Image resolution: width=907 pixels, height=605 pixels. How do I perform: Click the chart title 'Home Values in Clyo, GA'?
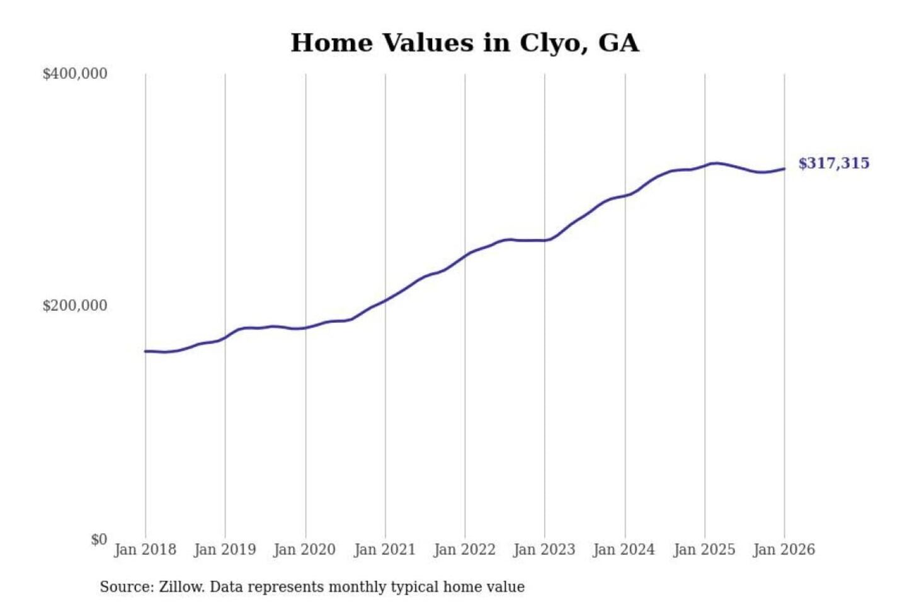[x=465, y=43]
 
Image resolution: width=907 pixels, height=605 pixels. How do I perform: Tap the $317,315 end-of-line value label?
[x=833, y=163]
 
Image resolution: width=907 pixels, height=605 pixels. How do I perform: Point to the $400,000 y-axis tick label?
[x=75, y=74]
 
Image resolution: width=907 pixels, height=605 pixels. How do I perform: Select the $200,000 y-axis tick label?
[x=75, y=306]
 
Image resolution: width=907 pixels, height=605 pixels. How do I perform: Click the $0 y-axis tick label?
[x=99, y=539]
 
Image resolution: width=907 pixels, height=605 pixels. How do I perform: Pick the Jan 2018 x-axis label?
[x=145, y=550]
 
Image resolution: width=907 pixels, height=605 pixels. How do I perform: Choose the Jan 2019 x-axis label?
[x=225, y=550]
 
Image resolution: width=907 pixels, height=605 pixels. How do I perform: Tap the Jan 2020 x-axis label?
[x=305, y=550]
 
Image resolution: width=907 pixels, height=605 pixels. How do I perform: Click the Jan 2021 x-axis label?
[x=385, y=550]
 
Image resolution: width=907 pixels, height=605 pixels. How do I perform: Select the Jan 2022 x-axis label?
[x=465, y=550]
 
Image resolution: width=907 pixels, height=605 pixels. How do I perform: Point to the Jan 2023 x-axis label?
[x=544, y=550]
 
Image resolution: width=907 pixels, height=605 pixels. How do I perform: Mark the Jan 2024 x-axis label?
[x=624, y=550]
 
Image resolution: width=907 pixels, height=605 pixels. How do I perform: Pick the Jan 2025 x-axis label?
[x=704, y=550]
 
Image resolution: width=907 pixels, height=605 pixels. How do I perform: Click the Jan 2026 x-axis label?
[x=784, y=550]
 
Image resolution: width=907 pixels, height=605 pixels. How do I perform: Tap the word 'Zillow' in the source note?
[x=181, y=587]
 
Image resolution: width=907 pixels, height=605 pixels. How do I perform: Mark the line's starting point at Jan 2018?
[x=145, y=351]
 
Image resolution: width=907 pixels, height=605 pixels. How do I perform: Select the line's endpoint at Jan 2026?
[x=784, y=168]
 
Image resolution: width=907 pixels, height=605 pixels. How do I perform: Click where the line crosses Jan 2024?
[x=625, y=195]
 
